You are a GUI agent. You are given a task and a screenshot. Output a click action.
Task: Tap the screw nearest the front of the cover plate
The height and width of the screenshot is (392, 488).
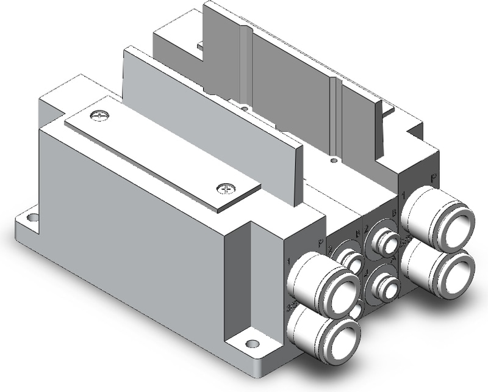pyautogui.click(x=226, y=189)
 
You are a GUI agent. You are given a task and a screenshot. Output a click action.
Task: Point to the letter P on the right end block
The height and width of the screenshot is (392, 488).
pyautogui.click(x=433, y=178)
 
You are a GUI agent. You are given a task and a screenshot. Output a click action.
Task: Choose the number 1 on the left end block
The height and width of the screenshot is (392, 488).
pyautogui.click(x=289, y=261)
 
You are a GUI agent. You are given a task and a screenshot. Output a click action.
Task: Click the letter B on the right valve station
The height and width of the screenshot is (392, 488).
pyautogui.click(x=394, y=213)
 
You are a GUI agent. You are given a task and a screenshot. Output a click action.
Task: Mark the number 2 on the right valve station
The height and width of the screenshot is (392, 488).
pyautogui.click(x=367, y=229)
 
